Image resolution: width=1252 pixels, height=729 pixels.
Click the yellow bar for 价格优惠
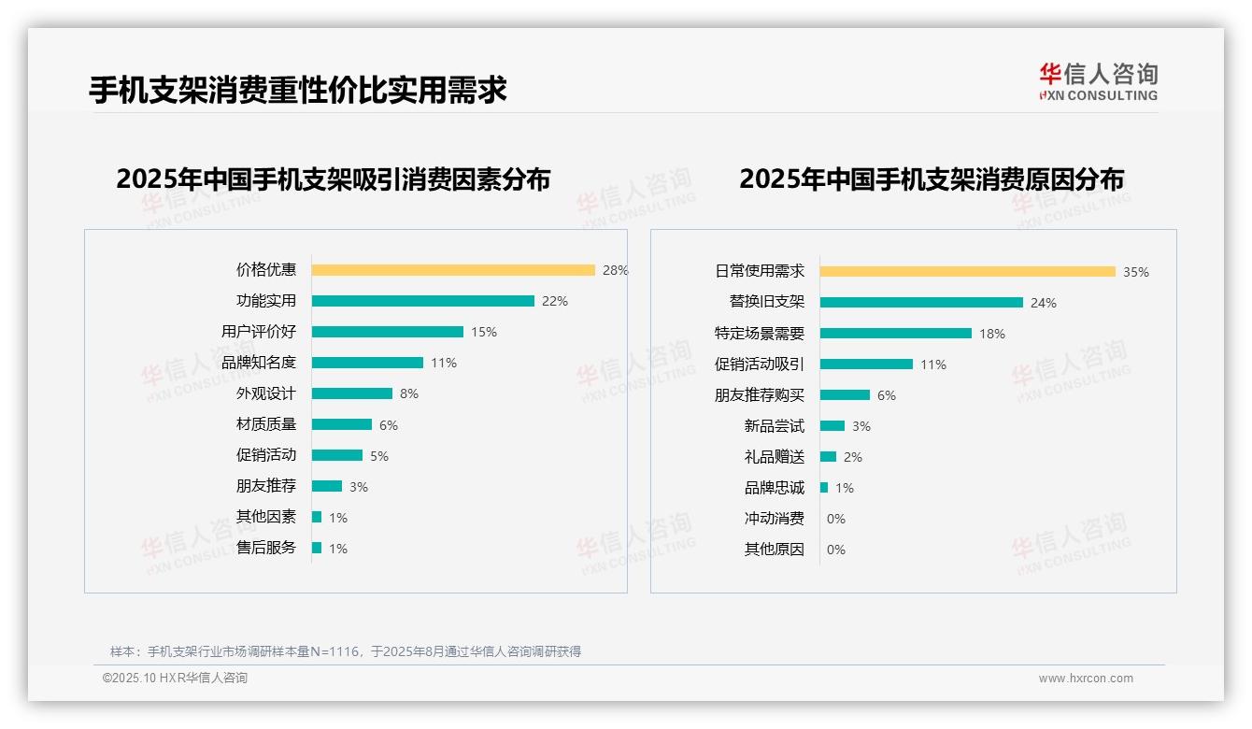(x=453, y=270)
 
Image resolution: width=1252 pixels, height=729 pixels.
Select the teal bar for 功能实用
(x=422, y=301)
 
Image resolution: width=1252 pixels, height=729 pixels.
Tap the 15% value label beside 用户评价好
(x=484, y=332)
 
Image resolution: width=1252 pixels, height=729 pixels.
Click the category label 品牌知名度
(x=259, y=363)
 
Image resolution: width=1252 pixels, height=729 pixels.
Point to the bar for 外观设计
(x=352, y=393)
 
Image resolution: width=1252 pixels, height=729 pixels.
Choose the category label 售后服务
(x=266, y=548)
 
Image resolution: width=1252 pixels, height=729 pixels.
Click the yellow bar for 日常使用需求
(x=967, y=272)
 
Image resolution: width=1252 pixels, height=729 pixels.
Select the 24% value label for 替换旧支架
(x=1043, y=303)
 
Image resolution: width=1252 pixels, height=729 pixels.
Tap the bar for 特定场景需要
(x=895, y=334)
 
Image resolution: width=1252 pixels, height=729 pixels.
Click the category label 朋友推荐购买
(x=759, y=395)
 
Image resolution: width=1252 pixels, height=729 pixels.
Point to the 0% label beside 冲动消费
(x=835, y=519)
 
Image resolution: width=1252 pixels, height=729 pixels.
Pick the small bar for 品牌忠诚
(x=824, y=488)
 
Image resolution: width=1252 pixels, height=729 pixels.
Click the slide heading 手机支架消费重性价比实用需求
(x=297, y=90)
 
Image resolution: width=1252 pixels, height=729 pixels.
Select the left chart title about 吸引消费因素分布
(x=333, y=179)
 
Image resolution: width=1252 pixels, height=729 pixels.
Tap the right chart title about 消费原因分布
(x=931, y=179)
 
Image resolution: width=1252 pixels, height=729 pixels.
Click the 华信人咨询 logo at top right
(x=1098, y=81)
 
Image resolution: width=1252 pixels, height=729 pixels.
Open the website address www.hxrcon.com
(x=1085, y=679)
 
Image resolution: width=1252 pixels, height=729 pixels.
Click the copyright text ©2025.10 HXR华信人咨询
(x=175, y=679)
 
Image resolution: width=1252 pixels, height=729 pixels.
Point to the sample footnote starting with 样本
(x=346, y=651)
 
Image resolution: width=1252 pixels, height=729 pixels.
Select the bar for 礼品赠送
(x=828, y=457)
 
